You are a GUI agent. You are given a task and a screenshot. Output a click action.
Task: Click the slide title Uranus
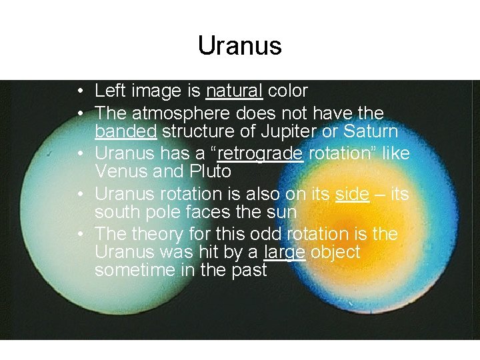pos(240,46)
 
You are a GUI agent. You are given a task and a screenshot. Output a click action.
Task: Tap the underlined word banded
pos(125,131)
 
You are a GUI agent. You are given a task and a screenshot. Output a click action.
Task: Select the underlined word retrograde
pos(261,154)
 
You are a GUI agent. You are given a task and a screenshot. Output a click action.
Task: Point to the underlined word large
pos(285,252)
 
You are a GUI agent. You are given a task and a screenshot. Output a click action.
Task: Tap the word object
pos(335,252)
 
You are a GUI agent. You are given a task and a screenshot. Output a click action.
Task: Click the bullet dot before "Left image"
pos(79,91)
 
